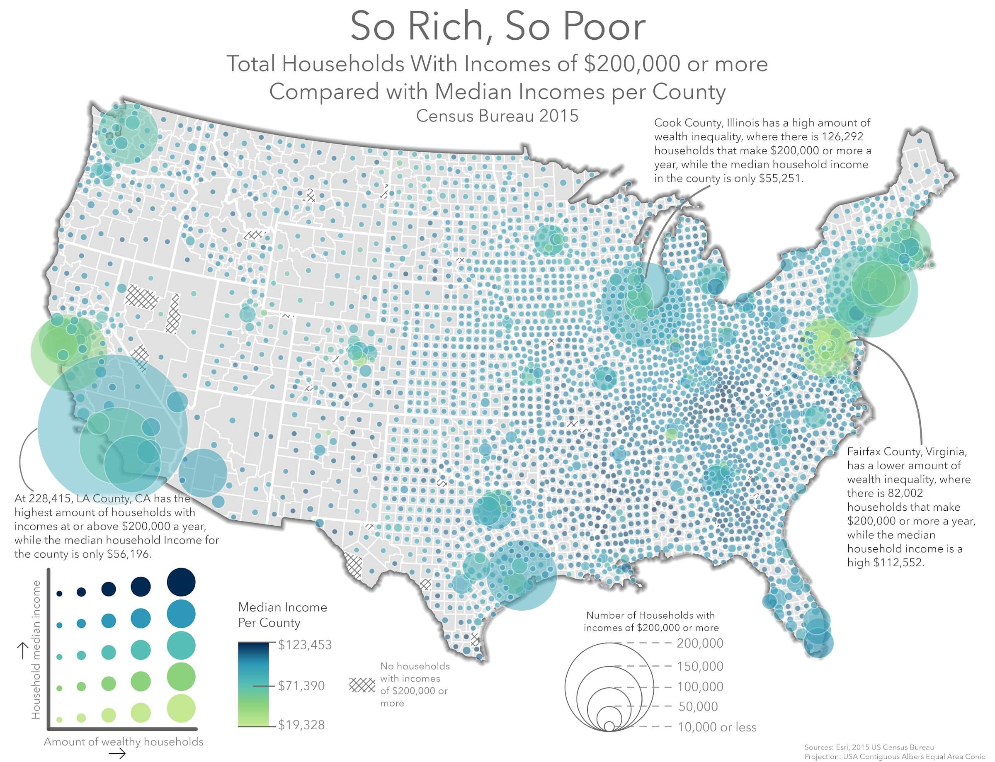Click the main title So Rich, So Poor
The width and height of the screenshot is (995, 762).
click(x=498, y=27)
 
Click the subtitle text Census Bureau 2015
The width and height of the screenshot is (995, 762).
click(x=498, y=116)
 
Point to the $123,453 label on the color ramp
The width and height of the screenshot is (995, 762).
click(x=305, y=645)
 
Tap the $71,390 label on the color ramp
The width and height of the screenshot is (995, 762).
click(x=301, y=685)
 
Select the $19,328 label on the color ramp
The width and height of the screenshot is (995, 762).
click(x=301, y=725)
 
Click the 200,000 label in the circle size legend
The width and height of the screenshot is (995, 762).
click(x=700, y=643)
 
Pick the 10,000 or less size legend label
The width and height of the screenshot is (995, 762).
click(x=716, y=727)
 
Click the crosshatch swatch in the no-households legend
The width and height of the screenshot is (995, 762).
click(x=362, y=685)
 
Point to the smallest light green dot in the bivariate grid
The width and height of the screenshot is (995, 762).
click(x=59, y=719)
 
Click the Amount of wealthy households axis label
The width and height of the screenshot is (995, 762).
click(x=124, y=742)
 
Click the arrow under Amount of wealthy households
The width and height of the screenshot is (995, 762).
click(x=117, y=754)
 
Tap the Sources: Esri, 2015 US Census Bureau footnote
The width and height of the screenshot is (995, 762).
click(x=869, y=747)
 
